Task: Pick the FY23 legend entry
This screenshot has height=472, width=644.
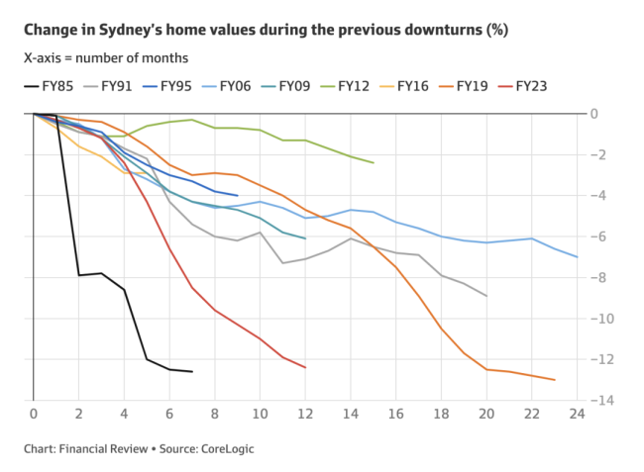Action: pos(531,86)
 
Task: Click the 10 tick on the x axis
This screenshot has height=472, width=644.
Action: pos(260,413)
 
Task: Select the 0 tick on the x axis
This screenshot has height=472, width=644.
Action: pos(34,413)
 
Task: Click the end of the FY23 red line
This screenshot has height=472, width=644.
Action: pos(305,368)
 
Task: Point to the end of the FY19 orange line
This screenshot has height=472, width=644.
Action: pos(554,380)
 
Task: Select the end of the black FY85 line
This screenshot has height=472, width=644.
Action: pos(192,372)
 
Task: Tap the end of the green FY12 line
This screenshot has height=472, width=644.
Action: pos(373,162)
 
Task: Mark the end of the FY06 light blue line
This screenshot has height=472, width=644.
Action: pos(577,257)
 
